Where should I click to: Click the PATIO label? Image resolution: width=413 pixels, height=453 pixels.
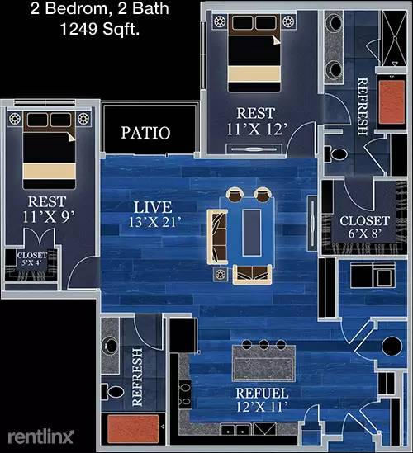click(x=145, y=133)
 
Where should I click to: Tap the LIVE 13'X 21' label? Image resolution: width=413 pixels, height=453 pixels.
click(x=154, y=214)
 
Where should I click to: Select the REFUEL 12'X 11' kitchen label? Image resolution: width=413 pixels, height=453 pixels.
click(x=262, y=400)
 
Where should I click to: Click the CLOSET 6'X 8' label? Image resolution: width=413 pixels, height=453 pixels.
click(x=364, y=227)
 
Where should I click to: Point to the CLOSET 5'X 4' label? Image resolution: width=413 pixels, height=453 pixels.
click(x=32, y=259)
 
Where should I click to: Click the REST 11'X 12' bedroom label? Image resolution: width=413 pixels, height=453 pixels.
click(x=256, y=121)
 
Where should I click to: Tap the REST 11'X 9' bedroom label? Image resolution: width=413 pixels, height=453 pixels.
click(x=47, y=209)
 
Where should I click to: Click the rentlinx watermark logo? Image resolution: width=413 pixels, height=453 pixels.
click(x=40, y=436)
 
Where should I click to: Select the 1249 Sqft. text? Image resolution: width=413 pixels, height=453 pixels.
click(x=100, y=29)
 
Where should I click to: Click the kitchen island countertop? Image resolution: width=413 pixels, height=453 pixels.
click(x=264, y=363)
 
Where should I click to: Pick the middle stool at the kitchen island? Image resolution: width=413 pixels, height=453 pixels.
click(x=263, y=344)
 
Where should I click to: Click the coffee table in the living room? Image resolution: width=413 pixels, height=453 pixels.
click(x=252, y=233)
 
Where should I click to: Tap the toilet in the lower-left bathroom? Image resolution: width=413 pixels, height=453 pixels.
click(x=114, y=392)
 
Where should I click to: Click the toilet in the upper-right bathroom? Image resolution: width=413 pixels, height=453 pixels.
click(x=336, y=154)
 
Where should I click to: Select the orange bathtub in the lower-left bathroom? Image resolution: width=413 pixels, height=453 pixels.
click(x=133, y=429)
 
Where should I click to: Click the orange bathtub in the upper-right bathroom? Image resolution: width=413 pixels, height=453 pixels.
click(x=392, y=102)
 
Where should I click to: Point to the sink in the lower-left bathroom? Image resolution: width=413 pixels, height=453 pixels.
click(x=110, y=346)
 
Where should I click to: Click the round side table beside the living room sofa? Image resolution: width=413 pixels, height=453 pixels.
click(x=221, y=274)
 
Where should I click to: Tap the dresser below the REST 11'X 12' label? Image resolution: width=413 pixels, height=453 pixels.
click(x=254, y=149)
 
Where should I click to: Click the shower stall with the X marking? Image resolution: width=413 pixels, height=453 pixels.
click(x=395, y=38)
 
